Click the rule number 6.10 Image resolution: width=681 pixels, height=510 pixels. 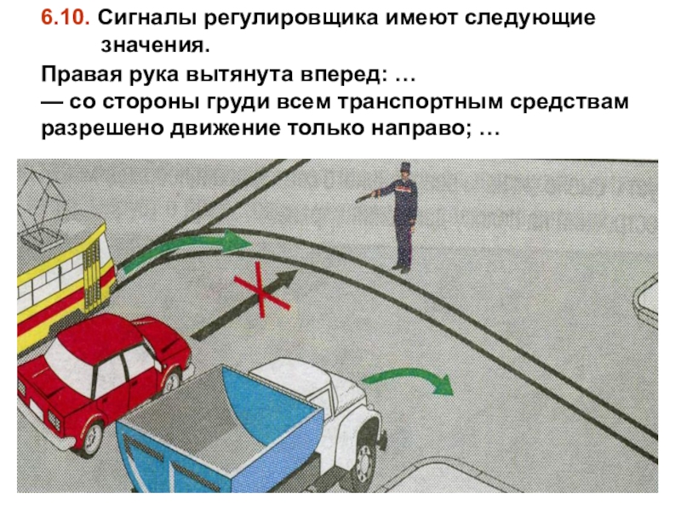(66, 18)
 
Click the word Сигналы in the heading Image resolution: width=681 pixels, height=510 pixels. (146, 18)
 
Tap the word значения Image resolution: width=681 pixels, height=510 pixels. (155, 45)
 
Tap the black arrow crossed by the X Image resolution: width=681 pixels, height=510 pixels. (244, 305)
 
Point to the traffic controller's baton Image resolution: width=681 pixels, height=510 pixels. (364, 197)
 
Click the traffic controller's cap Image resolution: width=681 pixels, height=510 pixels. (405, 167)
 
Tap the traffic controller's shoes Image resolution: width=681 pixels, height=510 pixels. (401, 269)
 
